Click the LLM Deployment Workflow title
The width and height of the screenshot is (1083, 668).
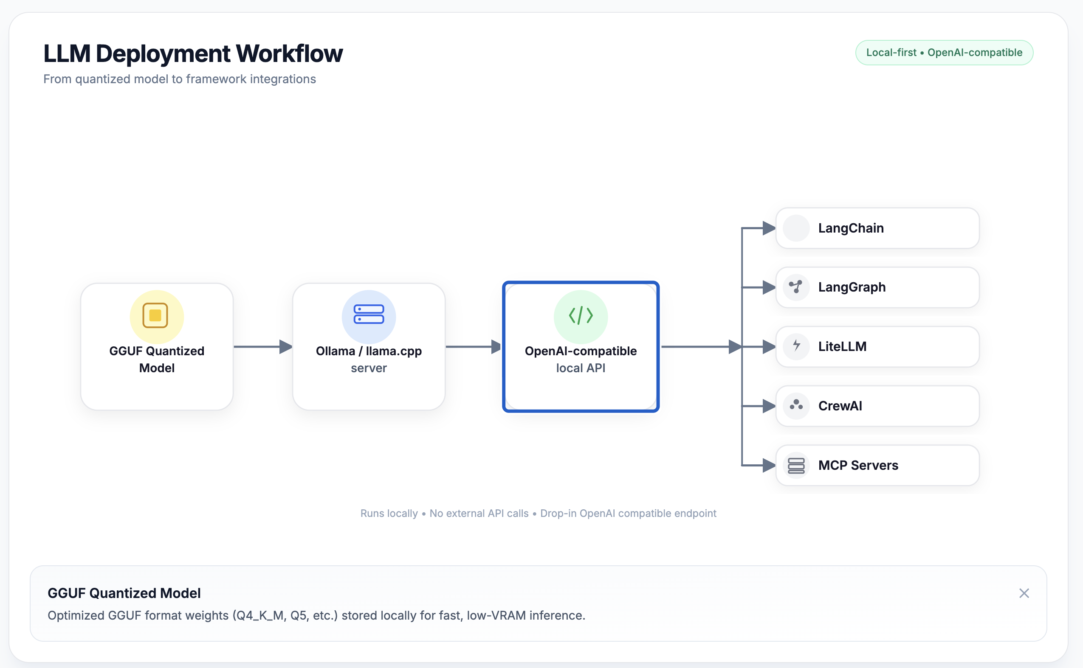(193, 53)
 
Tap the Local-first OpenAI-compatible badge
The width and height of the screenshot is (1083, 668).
(944, 53)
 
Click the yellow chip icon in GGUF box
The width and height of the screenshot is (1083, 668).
(155, 315)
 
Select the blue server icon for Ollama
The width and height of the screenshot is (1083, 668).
(369, 314)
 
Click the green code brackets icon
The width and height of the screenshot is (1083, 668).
(581, 315)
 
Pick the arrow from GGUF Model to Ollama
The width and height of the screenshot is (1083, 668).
(262, 347)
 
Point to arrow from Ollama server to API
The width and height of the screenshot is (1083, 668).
(473, 347)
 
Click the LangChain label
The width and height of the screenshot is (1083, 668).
(851, 228)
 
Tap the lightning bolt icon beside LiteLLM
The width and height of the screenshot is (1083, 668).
(796, 345)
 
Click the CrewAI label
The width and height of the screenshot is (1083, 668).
(840, 406)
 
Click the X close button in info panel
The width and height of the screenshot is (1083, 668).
(1024, 593)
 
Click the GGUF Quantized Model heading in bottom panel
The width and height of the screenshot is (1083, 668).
(124, 593)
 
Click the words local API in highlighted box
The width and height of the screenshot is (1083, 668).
(581, 368)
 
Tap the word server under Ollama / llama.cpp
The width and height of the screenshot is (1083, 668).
(369, 368)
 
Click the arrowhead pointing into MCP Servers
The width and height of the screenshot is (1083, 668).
(769, 465)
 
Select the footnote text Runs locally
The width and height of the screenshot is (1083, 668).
(389, 514)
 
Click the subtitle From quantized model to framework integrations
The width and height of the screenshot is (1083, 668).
(180, 79)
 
